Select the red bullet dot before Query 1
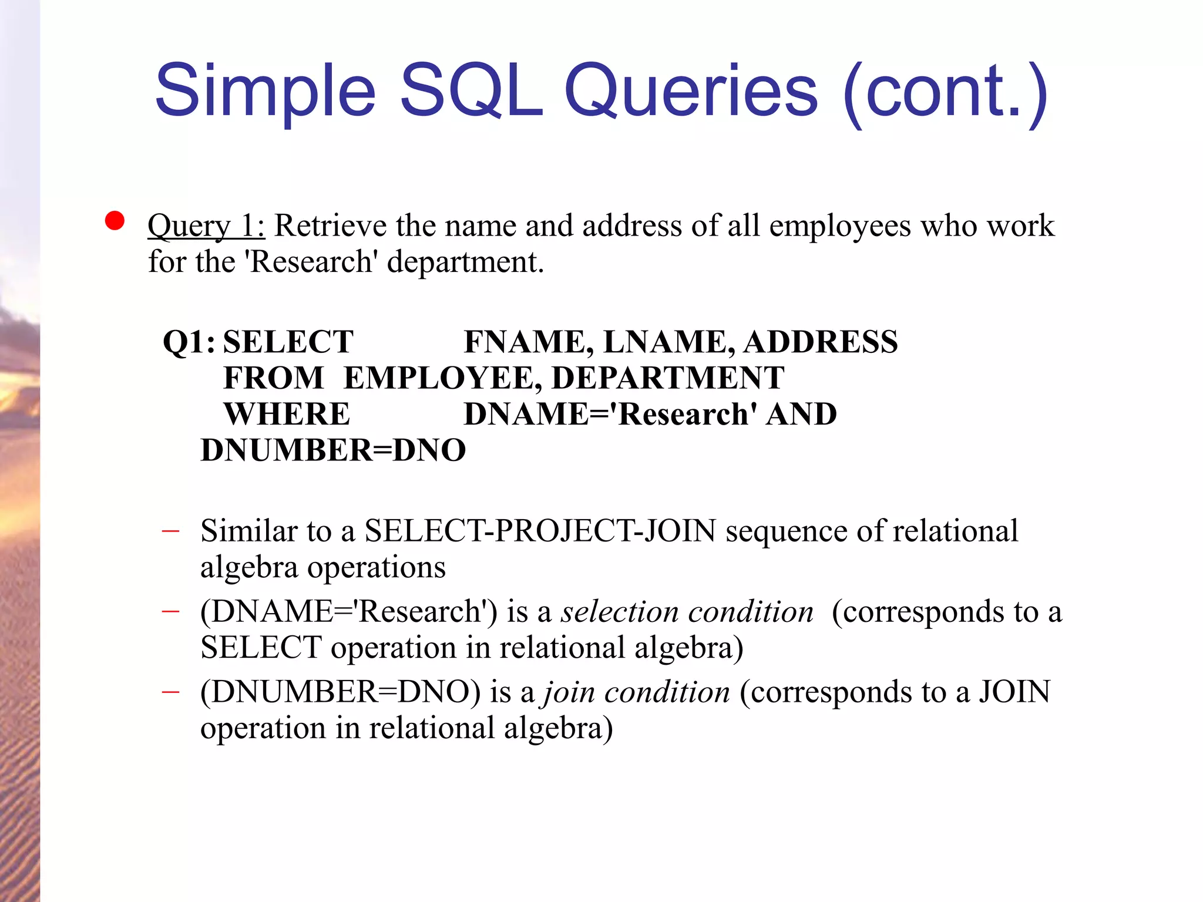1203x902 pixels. (x=115, y=221)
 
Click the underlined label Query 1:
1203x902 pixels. (x=206, y=226)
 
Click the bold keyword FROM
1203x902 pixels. (x=274, y=378)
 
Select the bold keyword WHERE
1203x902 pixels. (x=287, y=414)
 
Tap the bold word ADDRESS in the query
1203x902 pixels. (x=821, y=342)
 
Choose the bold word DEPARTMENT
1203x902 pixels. (x=668, y=378)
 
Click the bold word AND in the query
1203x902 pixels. (x=802, y=414)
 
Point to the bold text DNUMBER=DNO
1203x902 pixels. (x=333, y=450)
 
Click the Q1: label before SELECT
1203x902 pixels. (x=189, y=342)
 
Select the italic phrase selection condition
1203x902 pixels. (x=687, y=612)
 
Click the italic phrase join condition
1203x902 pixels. (x=637, y=692)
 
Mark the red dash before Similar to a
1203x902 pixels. (x=170, y=531)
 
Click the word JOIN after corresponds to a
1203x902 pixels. (x=1014, y=692)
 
